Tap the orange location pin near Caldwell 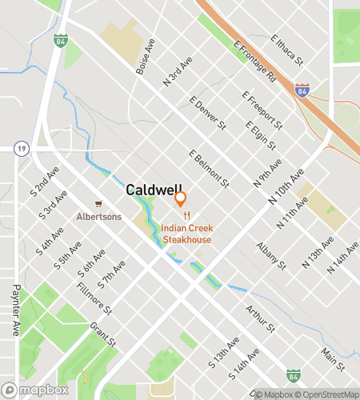(181, 198)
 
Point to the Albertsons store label (98, 216)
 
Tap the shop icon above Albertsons (98, 204)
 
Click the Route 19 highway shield (21, 148)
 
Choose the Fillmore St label (96, 298)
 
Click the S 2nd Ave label (45, 182)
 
